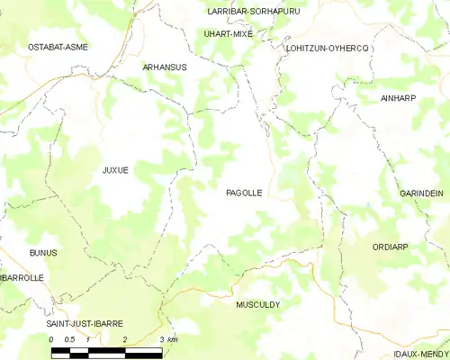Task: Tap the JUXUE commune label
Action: click(115, 169)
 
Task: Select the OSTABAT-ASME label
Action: click(58, 46)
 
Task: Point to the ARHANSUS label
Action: click(165, 67)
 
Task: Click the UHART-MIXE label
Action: click(229, 33)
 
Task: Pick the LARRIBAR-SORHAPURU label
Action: click(239, 11)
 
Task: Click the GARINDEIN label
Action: click(421, 193)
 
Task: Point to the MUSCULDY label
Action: click(257, 305)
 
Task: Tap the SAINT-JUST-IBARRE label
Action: click(85, 323)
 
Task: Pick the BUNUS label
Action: click(42, 253)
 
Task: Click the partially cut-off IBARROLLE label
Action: click(22, 278)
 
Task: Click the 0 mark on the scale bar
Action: click(51, 339)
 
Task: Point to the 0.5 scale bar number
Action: click(69, 339)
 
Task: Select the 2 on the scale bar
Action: click(125, 339)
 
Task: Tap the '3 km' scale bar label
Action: click(166, 339)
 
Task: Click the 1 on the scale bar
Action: click(88, 339)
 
